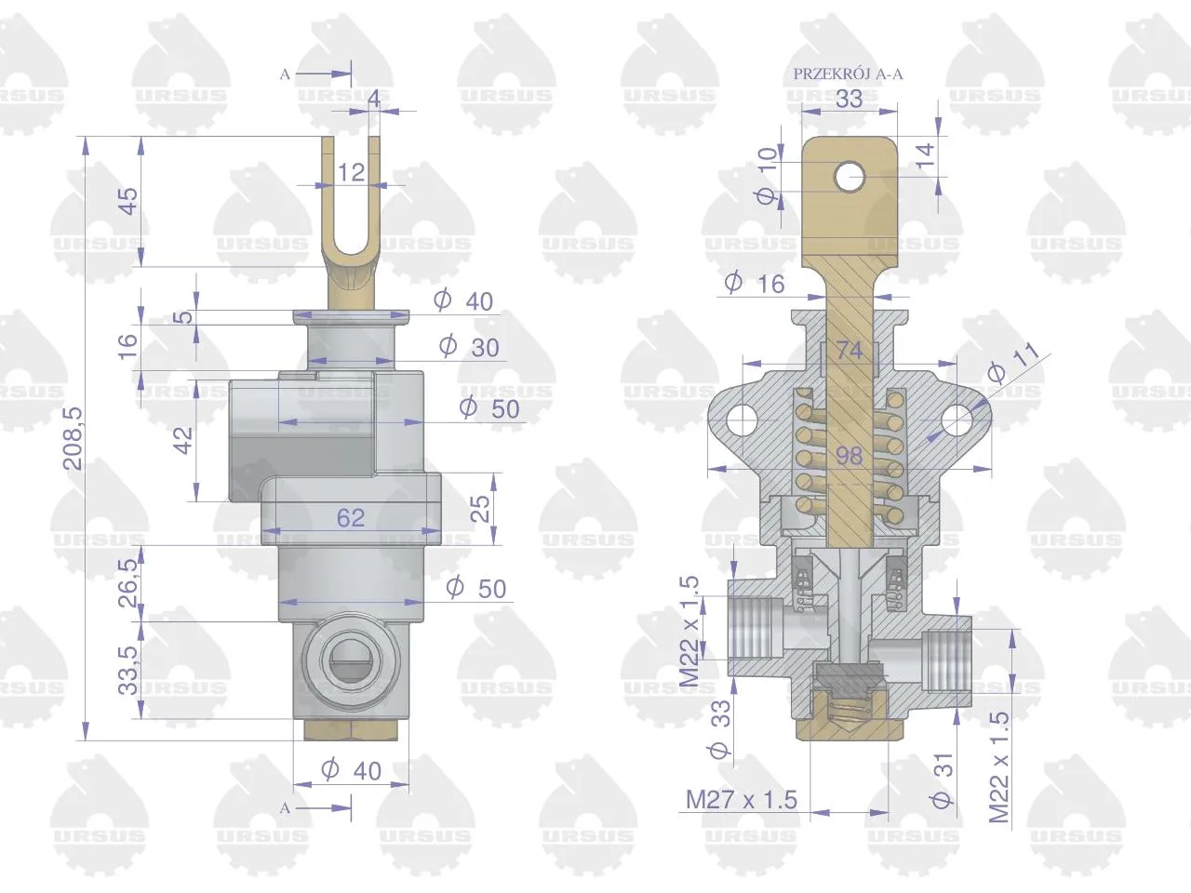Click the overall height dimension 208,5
click(x=73, y=438)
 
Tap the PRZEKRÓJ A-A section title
click(x=848, y=73)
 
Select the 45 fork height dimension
click(x=128, y=201)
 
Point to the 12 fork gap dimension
click(x=351, y=173)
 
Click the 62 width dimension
click(x=351, y=518)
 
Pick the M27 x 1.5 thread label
click(x=742, y=800)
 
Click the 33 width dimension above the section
click(x=850, y=99)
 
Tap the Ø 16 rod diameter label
click(x=755, y=284)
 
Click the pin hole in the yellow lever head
click(x=850, y=177)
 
